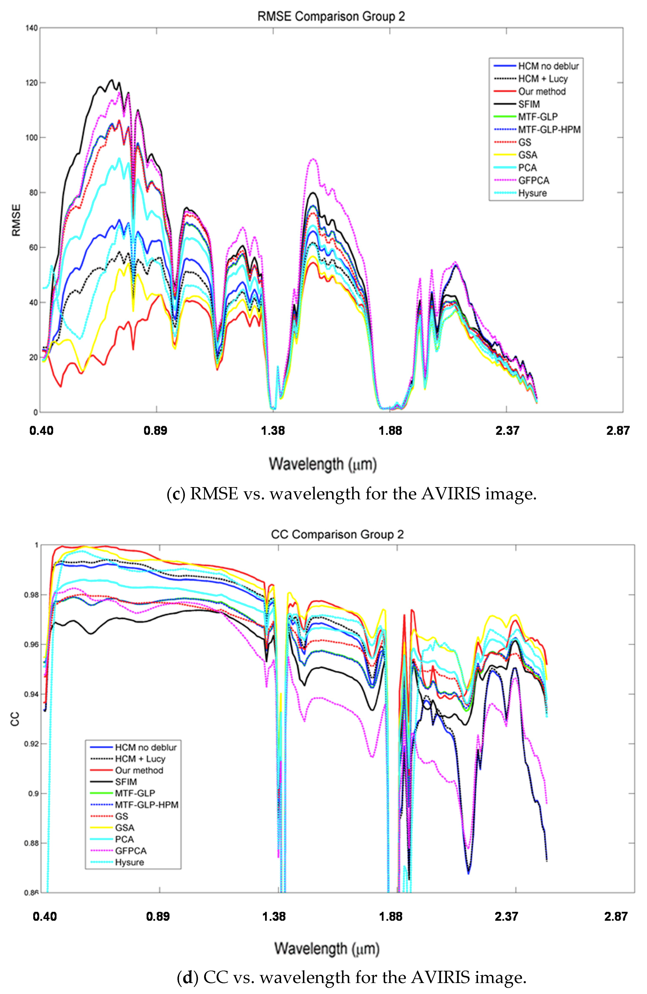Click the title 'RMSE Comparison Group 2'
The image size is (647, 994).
click(x=331, y=17)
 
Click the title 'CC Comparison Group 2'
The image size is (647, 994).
click(x=337, y=535)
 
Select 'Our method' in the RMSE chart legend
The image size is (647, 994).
click(x=542, y=91)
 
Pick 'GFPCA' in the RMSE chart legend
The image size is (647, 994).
click(x=534, y=181)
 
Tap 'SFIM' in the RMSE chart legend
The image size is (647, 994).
click(x=529, y=104)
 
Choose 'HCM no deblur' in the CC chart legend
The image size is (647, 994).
click(x=145, y=747)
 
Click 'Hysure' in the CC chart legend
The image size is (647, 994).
click(x=130, y=862)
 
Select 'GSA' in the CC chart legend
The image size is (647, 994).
click(x=125, y=827)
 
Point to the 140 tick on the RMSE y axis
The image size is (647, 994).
click(x=32, y=28)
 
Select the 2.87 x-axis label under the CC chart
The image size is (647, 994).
click(x=616, y=916)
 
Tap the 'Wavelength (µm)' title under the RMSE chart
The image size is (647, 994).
click(x=323, y=464)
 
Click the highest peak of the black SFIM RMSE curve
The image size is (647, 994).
click(x=111, y=80)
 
